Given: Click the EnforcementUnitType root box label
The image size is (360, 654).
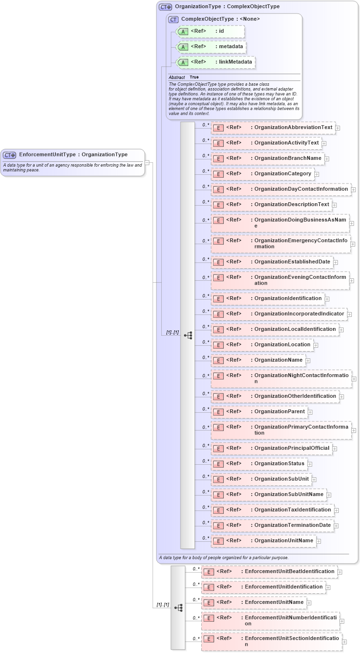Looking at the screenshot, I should (x=73, y=155).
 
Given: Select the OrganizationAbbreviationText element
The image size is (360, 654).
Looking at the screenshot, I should (x=273, y=128).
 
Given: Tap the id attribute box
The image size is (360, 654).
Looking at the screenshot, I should (x=211, y=31).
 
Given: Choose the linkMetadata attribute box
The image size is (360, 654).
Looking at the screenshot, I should (x=216, y=62).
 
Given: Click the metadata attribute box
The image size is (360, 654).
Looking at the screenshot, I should (x=212, y=47).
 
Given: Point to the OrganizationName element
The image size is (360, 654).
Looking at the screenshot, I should (x=258, y=360).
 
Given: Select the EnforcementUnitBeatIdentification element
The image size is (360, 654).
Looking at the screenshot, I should (x=269, y=572).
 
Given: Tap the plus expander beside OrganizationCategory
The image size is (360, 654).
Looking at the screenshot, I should (x=317, y=174).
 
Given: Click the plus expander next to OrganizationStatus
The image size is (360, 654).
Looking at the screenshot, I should (x=310, y=464).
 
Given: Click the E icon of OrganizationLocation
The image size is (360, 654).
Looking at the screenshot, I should (x=218, y=345).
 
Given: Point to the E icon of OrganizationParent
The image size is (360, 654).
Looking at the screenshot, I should (x=218, y=412).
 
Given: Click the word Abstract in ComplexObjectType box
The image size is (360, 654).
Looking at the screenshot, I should (x=177, y=77).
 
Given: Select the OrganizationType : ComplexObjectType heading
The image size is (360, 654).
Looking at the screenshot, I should (x=227, y=7).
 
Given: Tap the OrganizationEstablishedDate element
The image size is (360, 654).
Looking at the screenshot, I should (x=272, y=262).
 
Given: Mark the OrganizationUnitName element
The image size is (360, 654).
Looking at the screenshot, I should (x=263, y=540).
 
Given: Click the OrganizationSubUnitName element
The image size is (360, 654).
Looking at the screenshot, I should (x=268, y=494).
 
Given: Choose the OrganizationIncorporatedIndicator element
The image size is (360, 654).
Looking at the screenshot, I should (x=279, y=314).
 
